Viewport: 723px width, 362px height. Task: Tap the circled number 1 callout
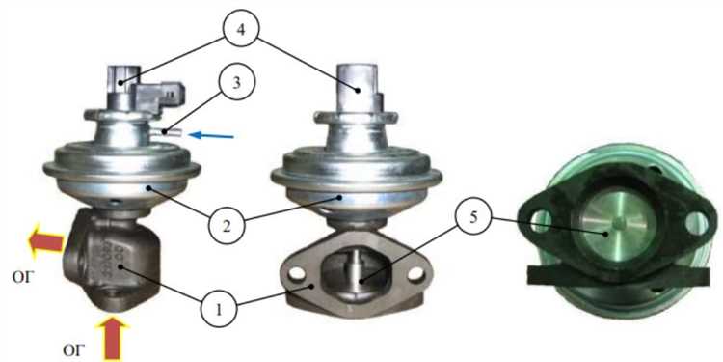(219, 309)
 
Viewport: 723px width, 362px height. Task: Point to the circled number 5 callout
(472, 218)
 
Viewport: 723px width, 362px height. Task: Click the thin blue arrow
(212, 135)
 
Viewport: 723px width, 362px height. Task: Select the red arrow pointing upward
(112, 338)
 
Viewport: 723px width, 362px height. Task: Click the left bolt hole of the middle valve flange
(298, 274)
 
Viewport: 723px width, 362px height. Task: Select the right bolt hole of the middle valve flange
(415, 273)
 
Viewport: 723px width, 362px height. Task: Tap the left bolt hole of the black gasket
(541, 222)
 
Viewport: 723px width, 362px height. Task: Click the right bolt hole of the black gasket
(695, 223)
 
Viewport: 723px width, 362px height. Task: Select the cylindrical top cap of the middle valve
(357, 88)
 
